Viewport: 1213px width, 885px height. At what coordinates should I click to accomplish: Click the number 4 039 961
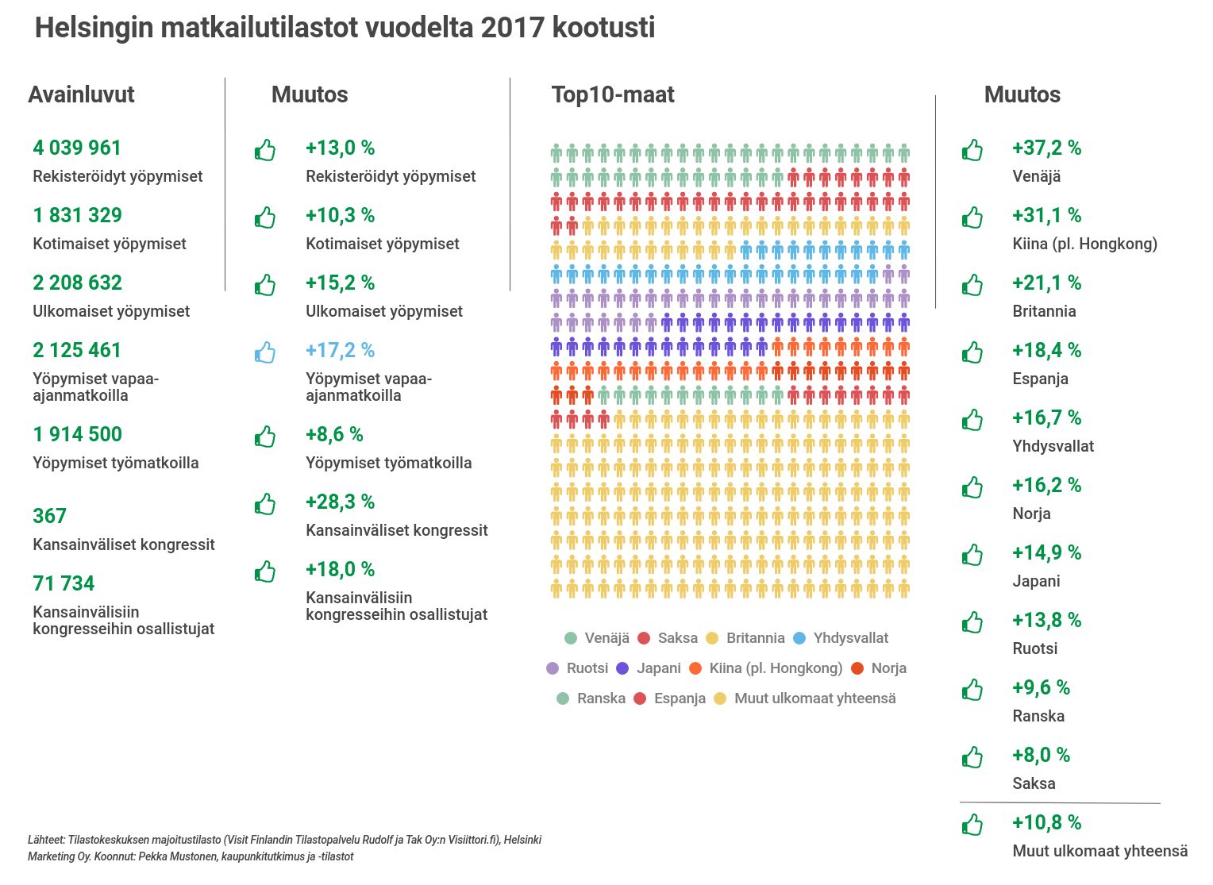77,148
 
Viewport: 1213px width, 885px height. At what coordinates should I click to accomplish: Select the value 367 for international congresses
49,516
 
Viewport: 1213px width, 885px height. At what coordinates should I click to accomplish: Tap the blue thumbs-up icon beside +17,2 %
265,352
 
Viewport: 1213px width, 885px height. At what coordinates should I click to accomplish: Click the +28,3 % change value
340,502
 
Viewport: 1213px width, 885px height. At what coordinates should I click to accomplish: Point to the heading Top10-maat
613,94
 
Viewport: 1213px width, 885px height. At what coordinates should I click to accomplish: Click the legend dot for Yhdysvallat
800,638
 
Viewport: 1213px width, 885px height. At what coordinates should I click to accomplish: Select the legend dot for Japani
622,668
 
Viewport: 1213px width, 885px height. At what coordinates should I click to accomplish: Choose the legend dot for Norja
857,668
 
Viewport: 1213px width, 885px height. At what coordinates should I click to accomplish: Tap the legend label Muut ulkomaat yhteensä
814,698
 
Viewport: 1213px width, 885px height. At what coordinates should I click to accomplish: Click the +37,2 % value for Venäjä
1046,148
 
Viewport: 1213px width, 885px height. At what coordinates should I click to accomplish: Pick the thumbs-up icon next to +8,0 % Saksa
972,757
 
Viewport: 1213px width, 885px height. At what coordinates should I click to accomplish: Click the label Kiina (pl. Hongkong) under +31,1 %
1084,244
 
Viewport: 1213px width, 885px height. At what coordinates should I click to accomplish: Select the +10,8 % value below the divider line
1046,822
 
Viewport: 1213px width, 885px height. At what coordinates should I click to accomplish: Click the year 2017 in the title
512,28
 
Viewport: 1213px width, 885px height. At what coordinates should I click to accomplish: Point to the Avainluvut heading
81,94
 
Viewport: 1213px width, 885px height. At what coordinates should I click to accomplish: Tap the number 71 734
64,583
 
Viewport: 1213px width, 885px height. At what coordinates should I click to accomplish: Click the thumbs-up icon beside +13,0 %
265,150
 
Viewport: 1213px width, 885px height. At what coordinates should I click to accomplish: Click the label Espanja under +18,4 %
1040,379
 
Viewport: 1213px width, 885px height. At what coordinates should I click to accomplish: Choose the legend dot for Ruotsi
553,668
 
